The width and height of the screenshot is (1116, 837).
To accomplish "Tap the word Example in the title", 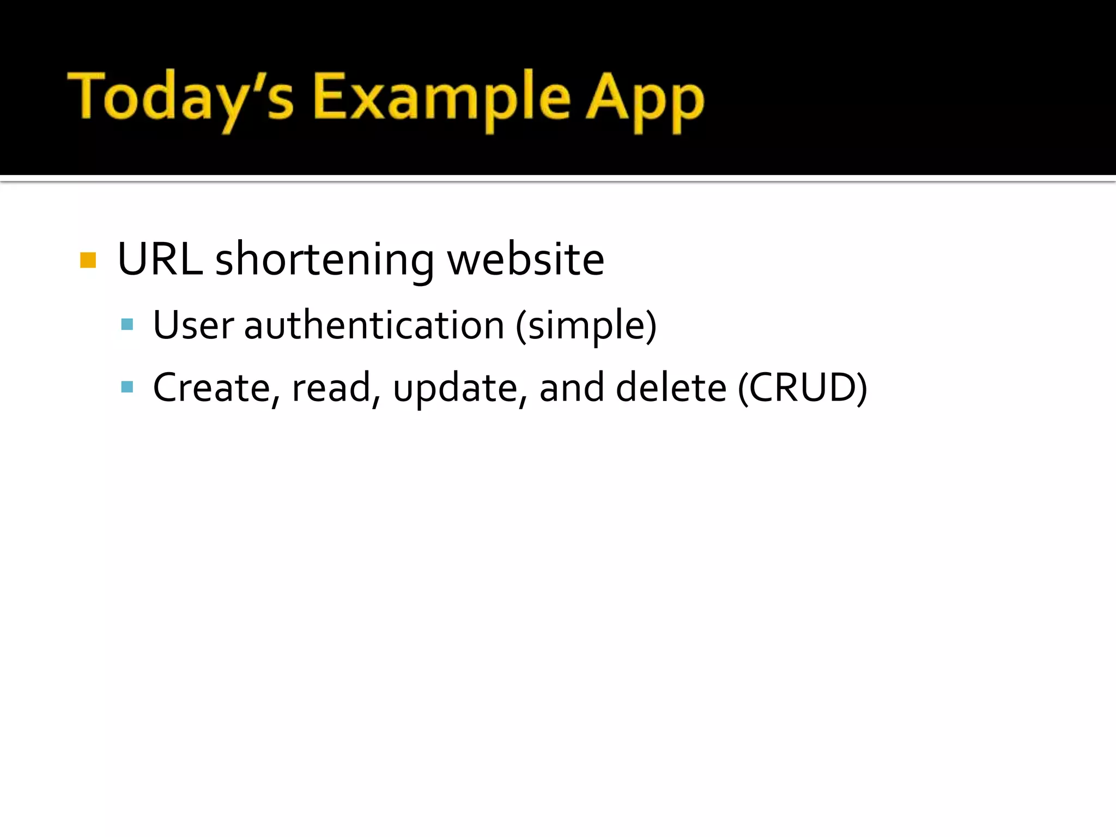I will point(441,98).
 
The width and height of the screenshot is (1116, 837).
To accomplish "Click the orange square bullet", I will point(88,260).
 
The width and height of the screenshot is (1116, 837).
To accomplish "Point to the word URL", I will point(159,259).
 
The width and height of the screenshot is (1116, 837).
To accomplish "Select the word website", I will point(525,259).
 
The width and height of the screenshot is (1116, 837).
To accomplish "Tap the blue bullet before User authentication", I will point(127,325).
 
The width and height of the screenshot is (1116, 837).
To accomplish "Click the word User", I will point(193,325).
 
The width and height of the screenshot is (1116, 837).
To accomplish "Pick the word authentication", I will point(374,325).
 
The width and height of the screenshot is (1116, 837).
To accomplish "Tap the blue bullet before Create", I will point(127,387).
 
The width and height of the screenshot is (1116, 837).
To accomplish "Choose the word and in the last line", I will point(571,387).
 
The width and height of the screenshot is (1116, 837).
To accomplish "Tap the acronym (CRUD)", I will point(802,387).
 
